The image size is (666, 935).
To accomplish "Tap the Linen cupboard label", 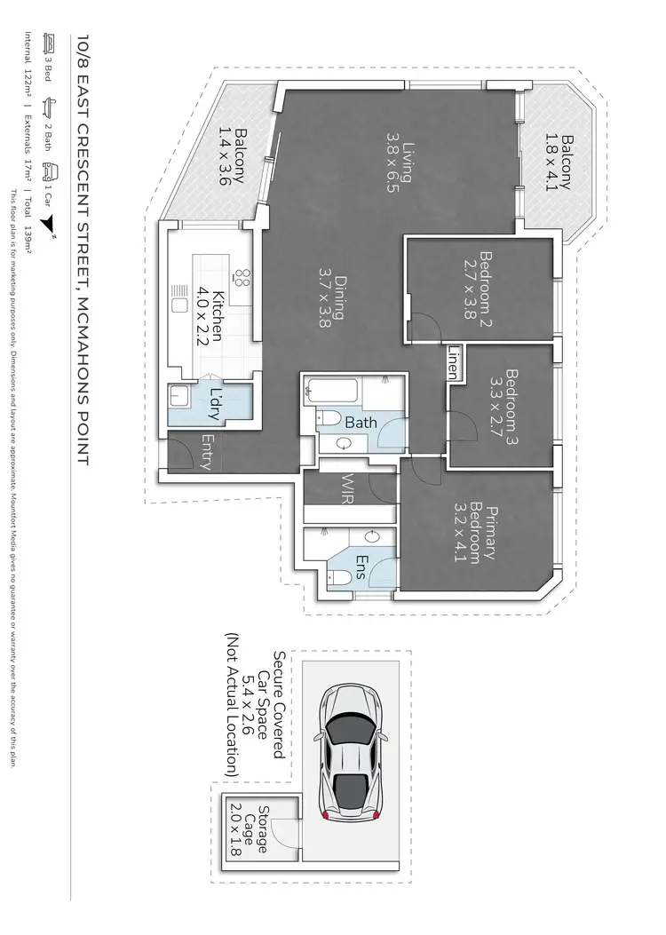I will [x=451, y=362].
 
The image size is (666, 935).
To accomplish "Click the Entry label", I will [x=208, y=452].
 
